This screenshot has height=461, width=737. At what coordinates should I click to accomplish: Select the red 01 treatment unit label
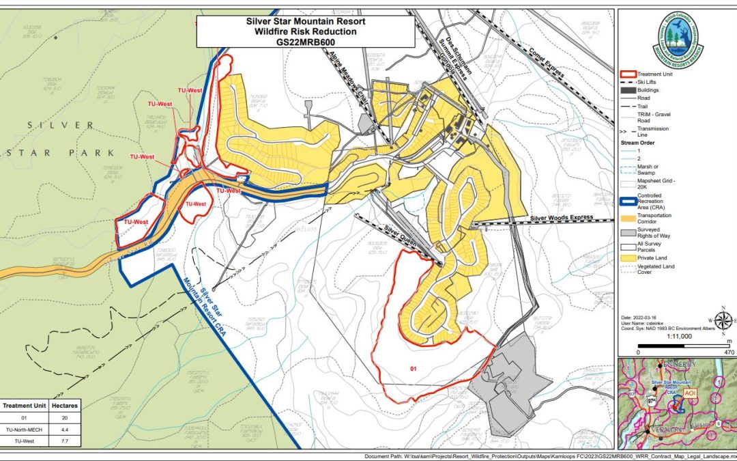tap(413, 368)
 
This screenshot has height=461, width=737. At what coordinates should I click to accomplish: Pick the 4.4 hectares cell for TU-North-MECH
tap(65, 430)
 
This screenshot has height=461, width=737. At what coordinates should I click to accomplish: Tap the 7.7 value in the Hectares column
tap(65, 441)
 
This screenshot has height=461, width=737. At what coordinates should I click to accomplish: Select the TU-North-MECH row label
tap(24, 430)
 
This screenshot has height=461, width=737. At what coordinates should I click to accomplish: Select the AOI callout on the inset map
tap(690, 393)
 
